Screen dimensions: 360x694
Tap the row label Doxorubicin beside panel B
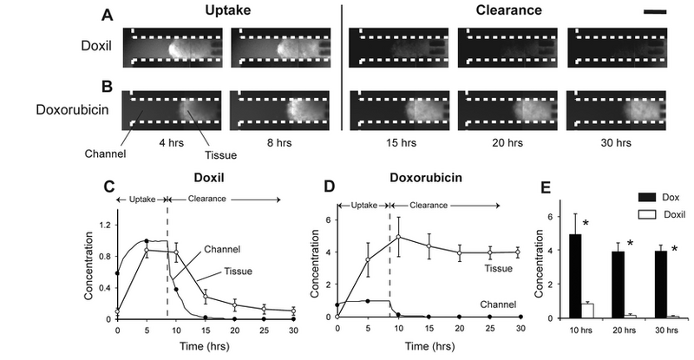pyautogui.click(x=66, y=110)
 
